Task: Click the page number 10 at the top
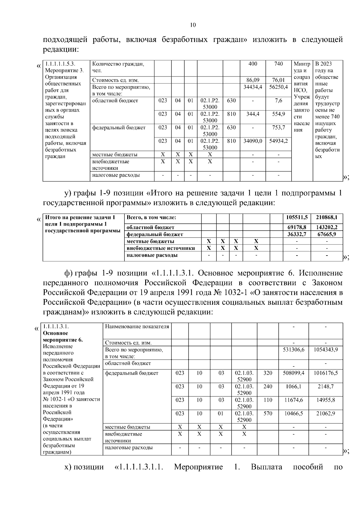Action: coord(193,25)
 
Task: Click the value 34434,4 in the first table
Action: coord(253,87)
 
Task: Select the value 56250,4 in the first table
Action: coord(278,87)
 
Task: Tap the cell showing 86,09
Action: coord(253,80)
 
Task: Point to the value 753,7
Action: coord(278,127)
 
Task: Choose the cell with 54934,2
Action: coord(278,141)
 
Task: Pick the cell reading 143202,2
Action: coord(327,227)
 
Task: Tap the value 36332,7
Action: coord(297,234)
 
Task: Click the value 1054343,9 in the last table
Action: coord(325,349)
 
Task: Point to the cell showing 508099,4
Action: coord(293,373)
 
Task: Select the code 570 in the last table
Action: coord(268,413)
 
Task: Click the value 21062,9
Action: coord(325,413)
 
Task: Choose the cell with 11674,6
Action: coord(293,400)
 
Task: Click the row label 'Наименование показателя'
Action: coord(137,326)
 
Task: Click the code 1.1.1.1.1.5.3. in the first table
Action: coord(60,64)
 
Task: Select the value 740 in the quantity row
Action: coord(278,64)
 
